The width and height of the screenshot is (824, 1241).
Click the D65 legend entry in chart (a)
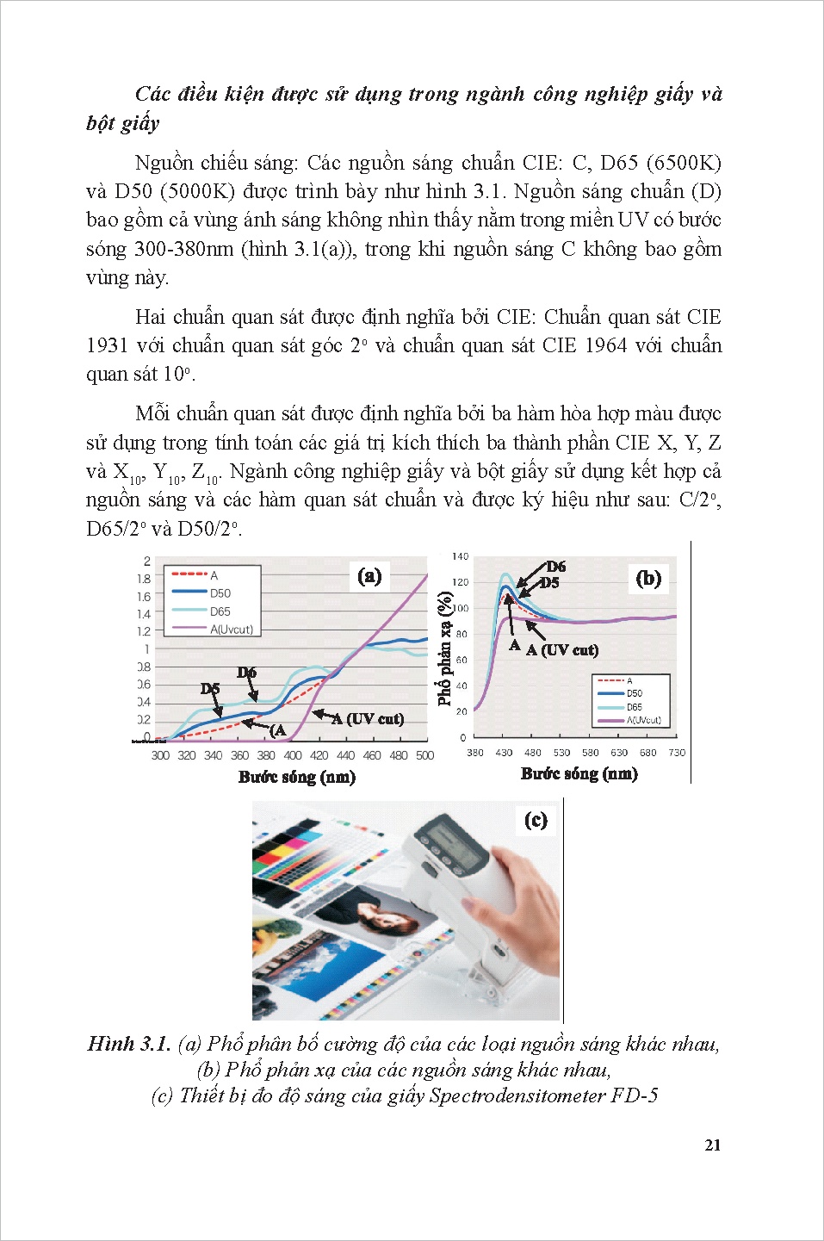(220, 611)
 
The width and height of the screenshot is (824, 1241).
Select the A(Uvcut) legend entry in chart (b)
(643, 720)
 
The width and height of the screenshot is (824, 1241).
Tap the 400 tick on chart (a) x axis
(293, 755)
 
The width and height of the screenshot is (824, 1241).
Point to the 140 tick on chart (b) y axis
(460, 556)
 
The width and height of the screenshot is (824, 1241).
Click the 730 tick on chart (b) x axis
(677, 753)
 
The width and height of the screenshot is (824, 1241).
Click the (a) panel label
(369, 576)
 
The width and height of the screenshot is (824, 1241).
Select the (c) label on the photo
(536, 820)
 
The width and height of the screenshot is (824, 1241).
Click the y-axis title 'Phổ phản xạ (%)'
(444, 648)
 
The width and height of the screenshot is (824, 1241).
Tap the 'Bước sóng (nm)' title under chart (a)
(296, 777)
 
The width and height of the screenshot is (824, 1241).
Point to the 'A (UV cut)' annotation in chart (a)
(368, 718)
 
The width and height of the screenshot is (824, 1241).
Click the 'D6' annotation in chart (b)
(556, 566)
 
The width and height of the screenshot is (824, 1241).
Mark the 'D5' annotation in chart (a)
(210, 688)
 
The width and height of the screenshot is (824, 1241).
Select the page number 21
(712, 1145)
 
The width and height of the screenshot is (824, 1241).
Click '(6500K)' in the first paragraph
(684, 163)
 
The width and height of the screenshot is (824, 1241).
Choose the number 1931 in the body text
(107, 345)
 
